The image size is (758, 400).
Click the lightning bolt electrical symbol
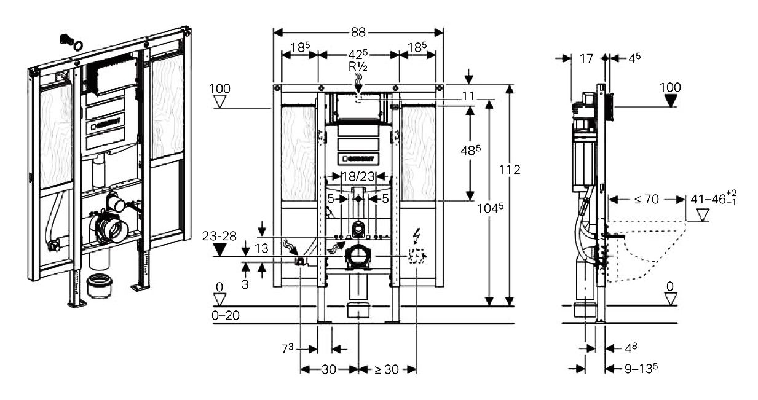point(417,235)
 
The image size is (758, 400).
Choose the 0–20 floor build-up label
point(226,315)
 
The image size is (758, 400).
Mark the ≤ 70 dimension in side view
point(646,198)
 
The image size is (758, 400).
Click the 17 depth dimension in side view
point(586,58)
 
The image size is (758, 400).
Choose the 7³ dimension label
point(286,349)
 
